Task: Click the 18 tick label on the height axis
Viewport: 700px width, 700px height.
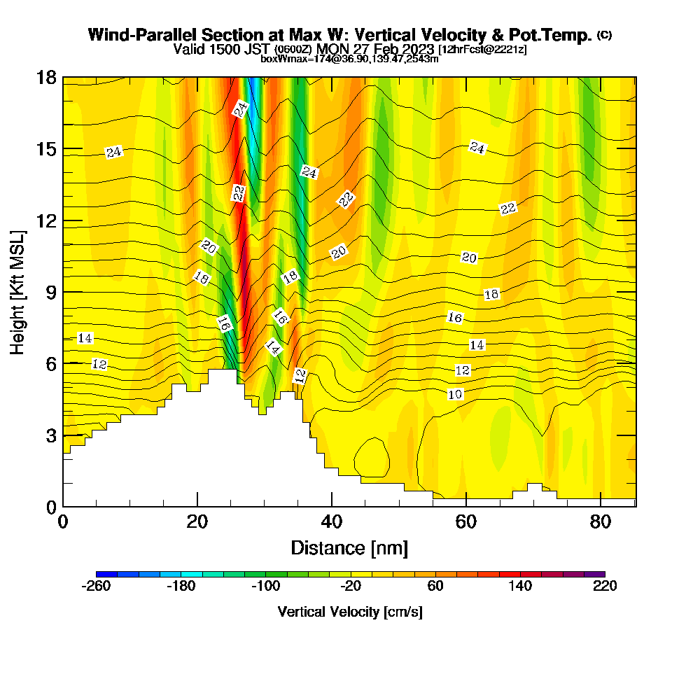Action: pyautogui.click(x=45, y=77)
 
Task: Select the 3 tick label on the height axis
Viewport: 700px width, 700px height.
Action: pyautogui.click(x=50, y=435)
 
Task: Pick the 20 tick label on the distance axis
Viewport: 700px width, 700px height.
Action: pyautogui.click(x=197, y=522)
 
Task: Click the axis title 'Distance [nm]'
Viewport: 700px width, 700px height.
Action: pyautogui.click(x=349, y=547)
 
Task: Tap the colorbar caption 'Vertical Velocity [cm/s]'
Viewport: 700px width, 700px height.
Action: pyautogui.click(x=350, y=612)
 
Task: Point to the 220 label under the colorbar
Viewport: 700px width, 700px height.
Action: pyautogui.click(x=604, y=587)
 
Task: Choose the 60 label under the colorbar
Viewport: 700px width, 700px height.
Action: pyautogui.click(x=435, y=587)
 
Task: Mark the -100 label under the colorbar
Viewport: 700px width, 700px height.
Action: pyautogui.click(x=265, y=587)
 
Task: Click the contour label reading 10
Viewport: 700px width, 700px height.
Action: pyautogui.click(x=455, y=394)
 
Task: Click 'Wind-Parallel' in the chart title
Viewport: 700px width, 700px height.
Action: pyautogui.click(x=134, y=35)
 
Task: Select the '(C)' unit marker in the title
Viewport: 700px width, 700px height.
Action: pyautogui.click(x=604, y=34)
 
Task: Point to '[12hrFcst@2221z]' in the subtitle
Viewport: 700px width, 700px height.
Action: pyautogui.click(x=482, y=50)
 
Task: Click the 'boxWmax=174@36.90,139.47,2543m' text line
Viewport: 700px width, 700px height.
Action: pyautogui.click(x=349, y=59)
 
